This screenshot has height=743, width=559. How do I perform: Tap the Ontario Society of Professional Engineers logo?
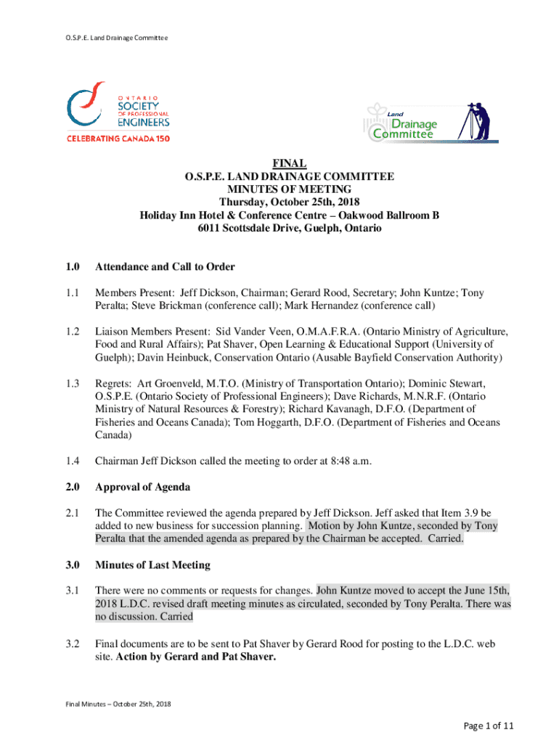click(x=119, y=115)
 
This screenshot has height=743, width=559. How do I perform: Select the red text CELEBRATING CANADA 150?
click(x=119, y=138)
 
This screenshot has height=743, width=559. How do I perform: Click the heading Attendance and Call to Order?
click(x=165, y=267)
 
